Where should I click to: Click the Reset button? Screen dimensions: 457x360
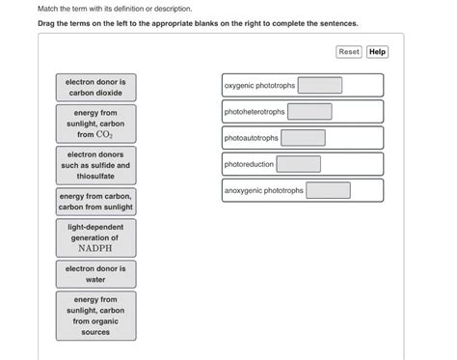click(x=349, y=51)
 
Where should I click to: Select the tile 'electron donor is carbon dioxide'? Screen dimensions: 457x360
click(x=95, y=88)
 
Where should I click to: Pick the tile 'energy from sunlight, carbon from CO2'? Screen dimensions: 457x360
click(x=95, y=124)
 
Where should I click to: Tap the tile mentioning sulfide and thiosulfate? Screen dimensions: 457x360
click(x=95, y=165)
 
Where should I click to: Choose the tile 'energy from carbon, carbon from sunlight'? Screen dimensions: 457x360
click(x=95, y=201)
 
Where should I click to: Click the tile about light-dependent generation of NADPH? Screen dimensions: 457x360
click(x=95, y=236)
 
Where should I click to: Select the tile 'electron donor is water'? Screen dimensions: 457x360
click(x=95, y=273)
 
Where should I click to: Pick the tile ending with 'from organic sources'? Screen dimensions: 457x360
click(x=95, y=316)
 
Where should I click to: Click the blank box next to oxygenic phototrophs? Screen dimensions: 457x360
click(x=319, y=86)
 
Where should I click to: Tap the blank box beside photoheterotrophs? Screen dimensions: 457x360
click(x=309, y=112)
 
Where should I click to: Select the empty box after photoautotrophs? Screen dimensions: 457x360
click(x=304, y=138)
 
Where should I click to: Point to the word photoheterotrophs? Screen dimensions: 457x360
click(x=255, y=112)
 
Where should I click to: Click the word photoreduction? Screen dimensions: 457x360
click(x=250, y=164)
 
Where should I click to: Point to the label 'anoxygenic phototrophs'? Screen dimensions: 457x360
click(x=264, y=190)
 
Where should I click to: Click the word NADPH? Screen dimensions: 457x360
click(x=95, y=247)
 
